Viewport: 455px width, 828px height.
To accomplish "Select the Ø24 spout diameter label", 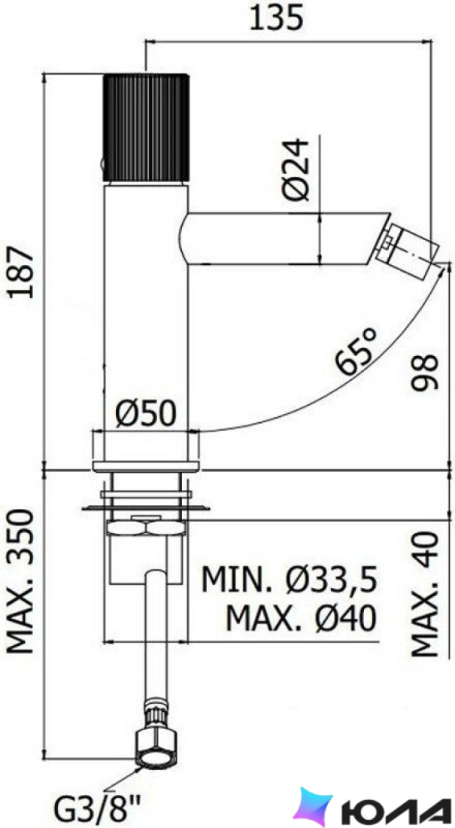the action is [296, 169].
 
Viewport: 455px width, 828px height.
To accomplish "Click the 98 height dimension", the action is [426, 371].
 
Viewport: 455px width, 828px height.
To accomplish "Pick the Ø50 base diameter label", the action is [145, 414].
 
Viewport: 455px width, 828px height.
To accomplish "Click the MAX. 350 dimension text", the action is [22, 581].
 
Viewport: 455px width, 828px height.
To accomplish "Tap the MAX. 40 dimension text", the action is [426, 594].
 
